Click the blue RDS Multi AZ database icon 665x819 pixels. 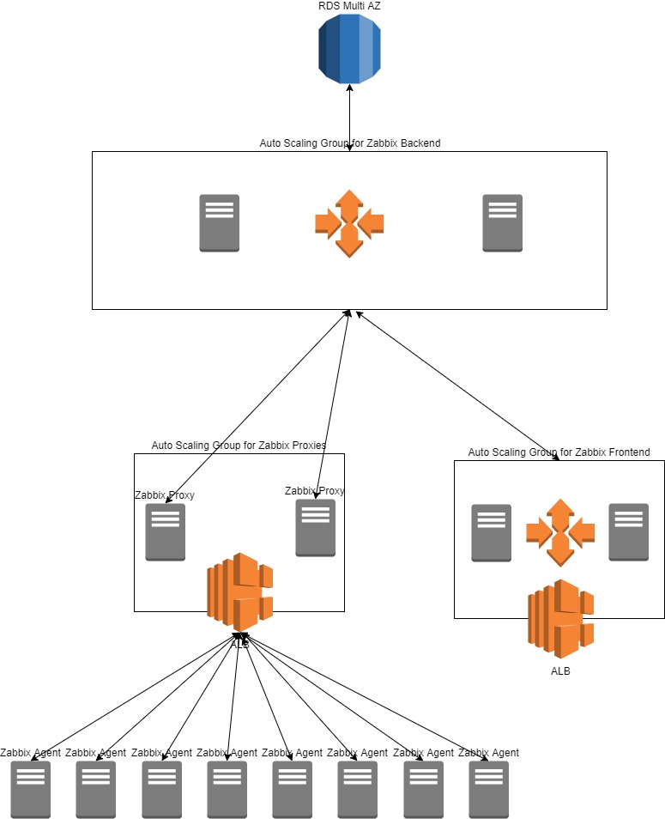[x=349, y=49]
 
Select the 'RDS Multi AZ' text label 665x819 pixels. [x=349, y=7]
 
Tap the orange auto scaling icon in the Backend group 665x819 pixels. [x=349, y=223]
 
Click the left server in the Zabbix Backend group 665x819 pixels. [x=220, y=223]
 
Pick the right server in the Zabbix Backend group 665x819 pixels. [x=503, y=223]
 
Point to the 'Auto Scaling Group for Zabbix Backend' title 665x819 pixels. [x=349, y=143]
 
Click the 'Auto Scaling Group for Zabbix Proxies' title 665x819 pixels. [x=239, y=446]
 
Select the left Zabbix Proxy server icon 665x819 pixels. [x=166, y=532]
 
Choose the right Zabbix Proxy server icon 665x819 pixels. [x=316, y=528]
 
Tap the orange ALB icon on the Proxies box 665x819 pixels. [x=239, y=591]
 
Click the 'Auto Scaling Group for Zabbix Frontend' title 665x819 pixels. [x=559, y=452]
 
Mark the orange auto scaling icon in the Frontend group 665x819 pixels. [x=560, y=532]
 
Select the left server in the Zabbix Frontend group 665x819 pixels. [x=492, y=532]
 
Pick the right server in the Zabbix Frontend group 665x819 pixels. [x=629, y=532]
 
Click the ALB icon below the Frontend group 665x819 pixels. [x=560, y=618]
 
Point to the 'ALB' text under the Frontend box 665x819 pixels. [x=560, y=671]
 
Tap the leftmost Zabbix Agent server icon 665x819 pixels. [x=30, y=790]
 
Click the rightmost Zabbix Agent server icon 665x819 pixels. [x=489, y=790]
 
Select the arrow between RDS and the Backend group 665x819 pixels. [x=349, y=118]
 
